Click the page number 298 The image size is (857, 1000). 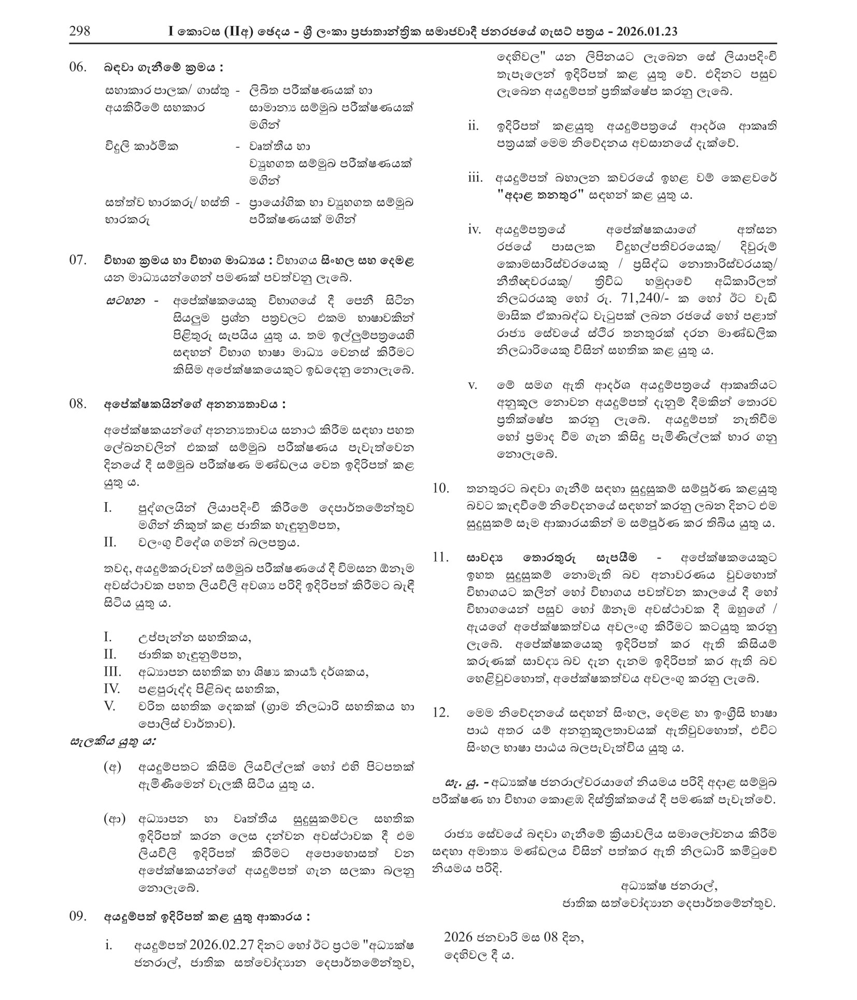pos(80,31)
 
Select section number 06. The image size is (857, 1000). pos(78,67)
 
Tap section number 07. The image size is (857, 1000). pos(78,260)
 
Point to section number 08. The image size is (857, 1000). pos(78,404)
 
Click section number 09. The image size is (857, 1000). pos(78,916)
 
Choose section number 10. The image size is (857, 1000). pos(440,488)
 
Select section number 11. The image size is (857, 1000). pos(440,557)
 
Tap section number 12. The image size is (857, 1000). pos(440,712)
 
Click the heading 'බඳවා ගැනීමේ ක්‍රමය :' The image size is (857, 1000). pos(164,67)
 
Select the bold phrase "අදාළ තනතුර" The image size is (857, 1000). pos(540,195)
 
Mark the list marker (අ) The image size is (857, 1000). pos(112,766)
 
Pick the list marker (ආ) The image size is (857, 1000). pos(115,819)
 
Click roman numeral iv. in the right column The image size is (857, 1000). pos(474,230)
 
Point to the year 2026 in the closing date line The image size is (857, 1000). pos(458,937)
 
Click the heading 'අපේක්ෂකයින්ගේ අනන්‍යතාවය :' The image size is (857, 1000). pos(194,404)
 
